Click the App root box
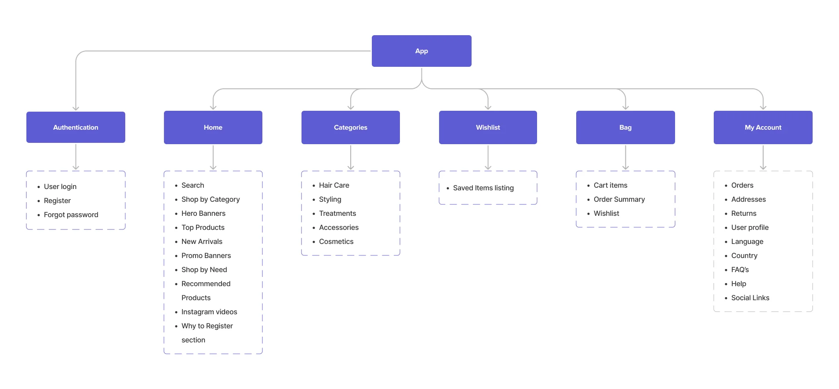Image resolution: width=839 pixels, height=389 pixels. pos(421,51)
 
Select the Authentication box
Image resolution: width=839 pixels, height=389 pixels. pos(76,127)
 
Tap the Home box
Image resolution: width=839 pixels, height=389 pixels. pos(213,127)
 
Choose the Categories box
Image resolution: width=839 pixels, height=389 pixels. pos(350,127)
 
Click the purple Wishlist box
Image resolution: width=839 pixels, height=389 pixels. pos(488,127)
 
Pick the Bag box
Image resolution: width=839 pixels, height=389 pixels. pos(625,127)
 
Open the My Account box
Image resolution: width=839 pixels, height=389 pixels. pos(763,127)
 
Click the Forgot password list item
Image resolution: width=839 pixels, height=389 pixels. pos(71,215)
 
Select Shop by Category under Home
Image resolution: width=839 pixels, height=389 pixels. pos(211,200)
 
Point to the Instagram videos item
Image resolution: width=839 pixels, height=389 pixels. pos(209,312)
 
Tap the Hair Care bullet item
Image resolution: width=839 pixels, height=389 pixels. pos(334,185)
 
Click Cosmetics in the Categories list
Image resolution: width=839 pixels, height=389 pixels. pos(336,242)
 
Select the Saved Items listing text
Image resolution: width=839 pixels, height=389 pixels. pos(483,188)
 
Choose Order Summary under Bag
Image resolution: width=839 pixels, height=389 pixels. pos(619,200)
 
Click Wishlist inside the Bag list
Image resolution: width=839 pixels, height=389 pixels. pos(606,214)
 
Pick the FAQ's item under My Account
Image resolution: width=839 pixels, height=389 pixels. pos(740,270)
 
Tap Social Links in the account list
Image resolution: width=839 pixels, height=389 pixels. pos(750,298)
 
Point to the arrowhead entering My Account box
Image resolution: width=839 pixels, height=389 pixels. pos(763,107)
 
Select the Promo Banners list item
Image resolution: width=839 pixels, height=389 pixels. pos(206,256)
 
